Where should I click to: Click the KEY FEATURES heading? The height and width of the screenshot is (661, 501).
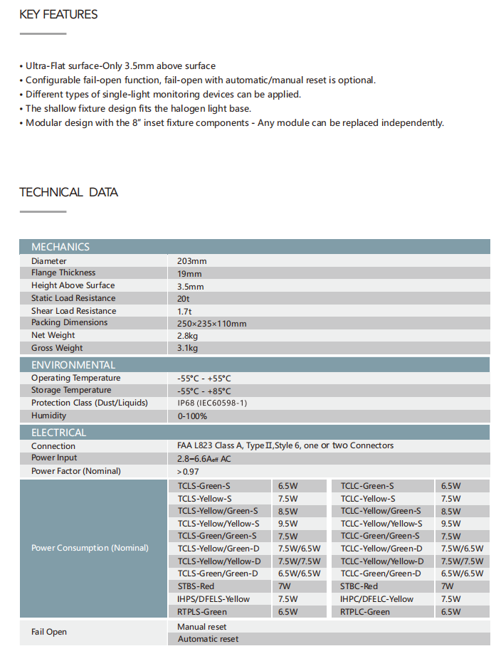pyautogui.click(x=58, y=14)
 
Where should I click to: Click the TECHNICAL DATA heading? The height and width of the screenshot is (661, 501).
pyautogui.click(x=68, y=192)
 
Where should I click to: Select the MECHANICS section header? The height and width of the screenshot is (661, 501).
pyautogui.click(x=60, y=247)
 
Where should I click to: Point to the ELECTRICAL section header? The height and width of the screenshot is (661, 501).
pyautogui.click(x=59, y=433)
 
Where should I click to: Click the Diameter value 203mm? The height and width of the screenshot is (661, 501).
pyautogui.click(x=192, y=261)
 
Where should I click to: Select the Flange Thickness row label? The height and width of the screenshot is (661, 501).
pyautogui.click(x=63, y=273)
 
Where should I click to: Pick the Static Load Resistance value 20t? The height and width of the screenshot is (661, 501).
pyautogui.click(x=184, y=299)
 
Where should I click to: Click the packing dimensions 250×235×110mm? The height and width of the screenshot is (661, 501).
pyautogui.click(x=212, y=324)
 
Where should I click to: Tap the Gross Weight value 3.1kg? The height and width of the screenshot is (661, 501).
pyautogui.click(x=188, y=349)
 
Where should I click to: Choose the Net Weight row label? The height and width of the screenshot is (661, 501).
pyautogui.click(x=53, y=336)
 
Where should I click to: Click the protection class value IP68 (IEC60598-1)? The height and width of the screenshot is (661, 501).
pyautogui.click(x=212, y=403)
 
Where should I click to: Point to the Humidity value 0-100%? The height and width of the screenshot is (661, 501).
pyautogui.click(x=192, y=416)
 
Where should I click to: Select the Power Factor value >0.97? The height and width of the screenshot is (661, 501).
pyautogui.click(x=189, y=472)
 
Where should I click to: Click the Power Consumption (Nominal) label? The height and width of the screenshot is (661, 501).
pyautogui.click(x=90, y=548)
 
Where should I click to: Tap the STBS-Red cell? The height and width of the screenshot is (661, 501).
pyautogui.click(x=195, y=586)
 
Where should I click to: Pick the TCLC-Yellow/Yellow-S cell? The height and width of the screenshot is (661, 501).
pyautogui.click(x=381, y=524)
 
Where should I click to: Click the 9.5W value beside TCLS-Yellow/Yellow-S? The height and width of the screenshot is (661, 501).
pyautogui.click(x=288, y=524)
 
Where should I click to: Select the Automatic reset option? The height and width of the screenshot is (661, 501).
pyautogui.click(x=208, y=639)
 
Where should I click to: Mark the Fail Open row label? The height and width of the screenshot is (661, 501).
pyautogui.click(x=49, y=632)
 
